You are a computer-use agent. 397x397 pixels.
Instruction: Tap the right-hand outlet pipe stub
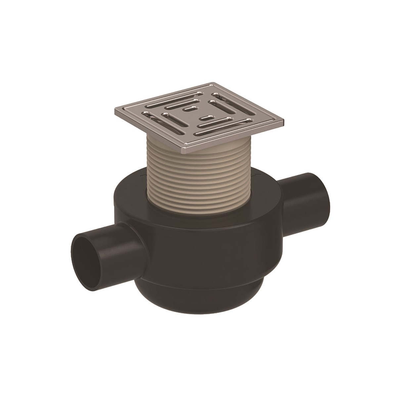point(303,195)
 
